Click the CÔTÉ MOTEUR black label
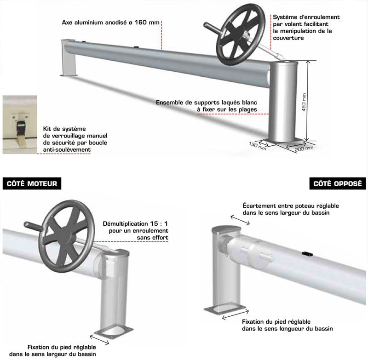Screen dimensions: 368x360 tap(32, 183)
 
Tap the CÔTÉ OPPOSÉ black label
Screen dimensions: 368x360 tap(338, 183)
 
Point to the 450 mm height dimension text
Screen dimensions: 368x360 tap(304, 102)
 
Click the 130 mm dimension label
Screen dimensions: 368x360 tap(258, 145)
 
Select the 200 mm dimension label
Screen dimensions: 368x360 tap(304, 148)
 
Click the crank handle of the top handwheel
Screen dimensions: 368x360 tap(212, 28)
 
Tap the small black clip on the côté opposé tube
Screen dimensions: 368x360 tap(307, 253)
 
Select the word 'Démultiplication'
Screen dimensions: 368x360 tap(122, 223)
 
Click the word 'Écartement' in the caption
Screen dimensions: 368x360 tap(259, 206)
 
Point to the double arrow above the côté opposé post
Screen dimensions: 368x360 tap(240, 220)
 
